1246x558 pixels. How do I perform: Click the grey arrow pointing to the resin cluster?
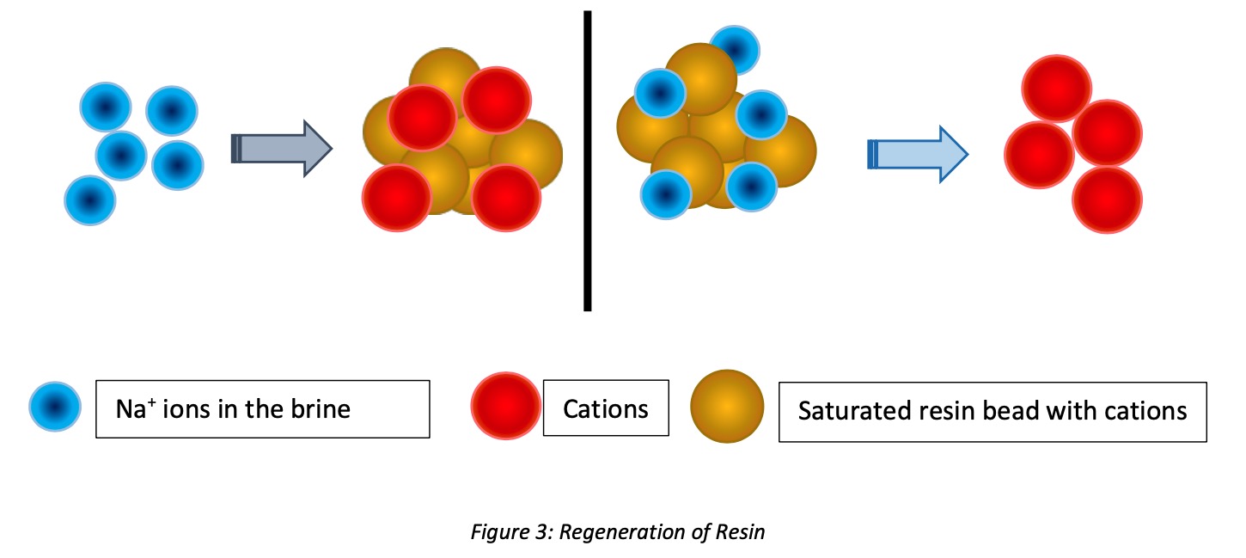[x=282, y=148]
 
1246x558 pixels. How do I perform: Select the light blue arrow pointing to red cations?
[x=917, y=154]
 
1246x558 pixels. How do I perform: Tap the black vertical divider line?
[x=588, y=160]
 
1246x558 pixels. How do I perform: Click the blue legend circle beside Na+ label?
[x=55, y=407]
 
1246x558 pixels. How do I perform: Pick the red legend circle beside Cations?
[x=506, y=407]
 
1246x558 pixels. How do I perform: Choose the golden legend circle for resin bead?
[x=727, y=407]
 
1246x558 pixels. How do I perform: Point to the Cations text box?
[x=605, y=408]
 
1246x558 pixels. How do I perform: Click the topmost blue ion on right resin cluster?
[x=734, y=48]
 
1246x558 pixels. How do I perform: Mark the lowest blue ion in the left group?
[x=90, y=200]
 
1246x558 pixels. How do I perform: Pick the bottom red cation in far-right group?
[x=1107, y=199]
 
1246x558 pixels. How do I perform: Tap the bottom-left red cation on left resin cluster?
[x=397, y=198]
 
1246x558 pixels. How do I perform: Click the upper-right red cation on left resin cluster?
[x=496, y=98]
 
